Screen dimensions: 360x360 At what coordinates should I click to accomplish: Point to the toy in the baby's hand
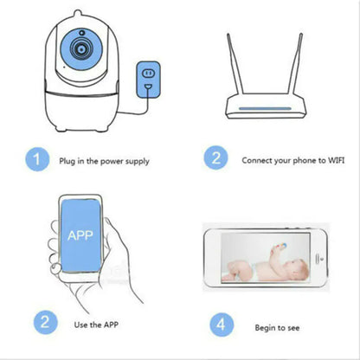(x=280, y=246)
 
